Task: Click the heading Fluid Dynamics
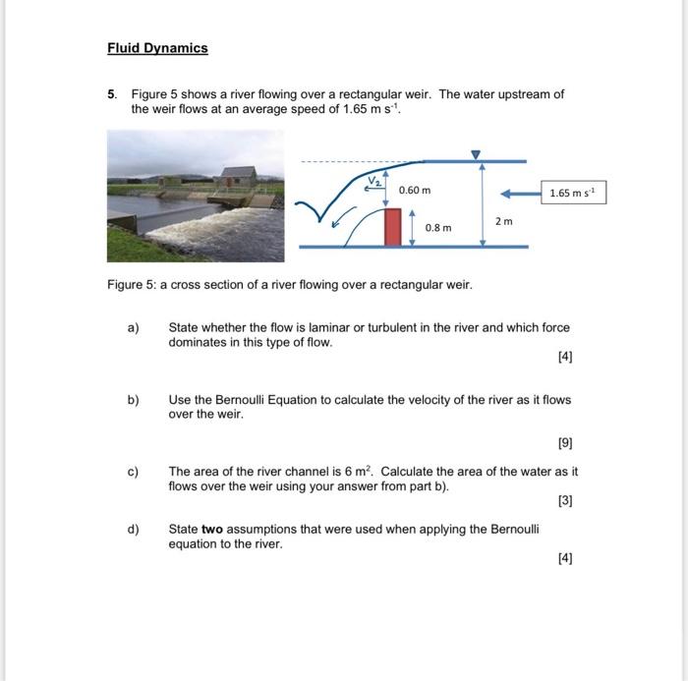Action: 157,48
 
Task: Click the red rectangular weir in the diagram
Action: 393,226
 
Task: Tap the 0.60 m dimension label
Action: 414,189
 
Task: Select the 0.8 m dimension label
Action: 438,228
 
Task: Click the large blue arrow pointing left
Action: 518,193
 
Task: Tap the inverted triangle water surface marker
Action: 476,154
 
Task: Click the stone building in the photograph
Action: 237,178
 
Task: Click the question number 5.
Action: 112,94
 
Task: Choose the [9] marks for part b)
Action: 564,443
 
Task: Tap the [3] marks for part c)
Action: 564,500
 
